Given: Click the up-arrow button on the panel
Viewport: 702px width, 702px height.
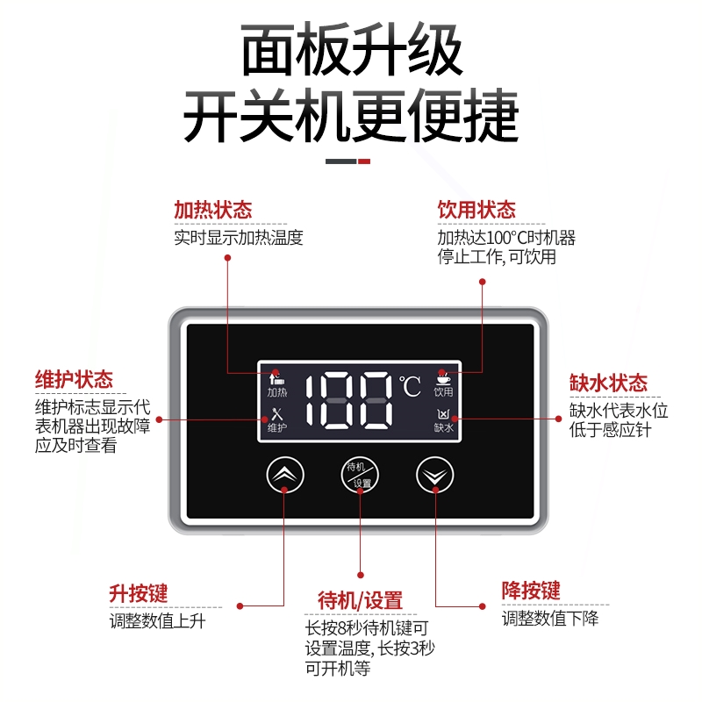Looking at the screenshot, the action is (284, 475).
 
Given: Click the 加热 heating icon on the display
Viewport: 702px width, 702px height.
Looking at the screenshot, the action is (277, 384).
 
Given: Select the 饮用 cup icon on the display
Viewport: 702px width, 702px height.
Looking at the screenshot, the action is (443, 384).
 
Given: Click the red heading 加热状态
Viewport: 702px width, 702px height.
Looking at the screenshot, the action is (212, 211).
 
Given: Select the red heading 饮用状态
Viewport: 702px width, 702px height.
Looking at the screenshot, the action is (476, 211).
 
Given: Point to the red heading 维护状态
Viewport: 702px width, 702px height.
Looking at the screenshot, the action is (74, 380).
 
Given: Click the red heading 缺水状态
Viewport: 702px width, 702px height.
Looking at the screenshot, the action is (608, 383).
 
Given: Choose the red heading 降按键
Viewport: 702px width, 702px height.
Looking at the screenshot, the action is (531, 590).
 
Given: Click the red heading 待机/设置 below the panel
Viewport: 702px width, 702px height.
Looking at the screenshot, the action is (360, 601).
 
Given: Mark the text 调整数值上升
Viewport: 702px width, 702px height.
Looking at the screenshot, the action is (157, 621).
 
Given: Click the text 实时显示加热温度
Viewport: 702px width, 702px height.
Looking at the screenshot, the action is (238, 238).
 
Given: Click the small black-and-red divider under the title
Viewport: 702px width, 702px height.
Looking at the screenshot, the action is (348, 161).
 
